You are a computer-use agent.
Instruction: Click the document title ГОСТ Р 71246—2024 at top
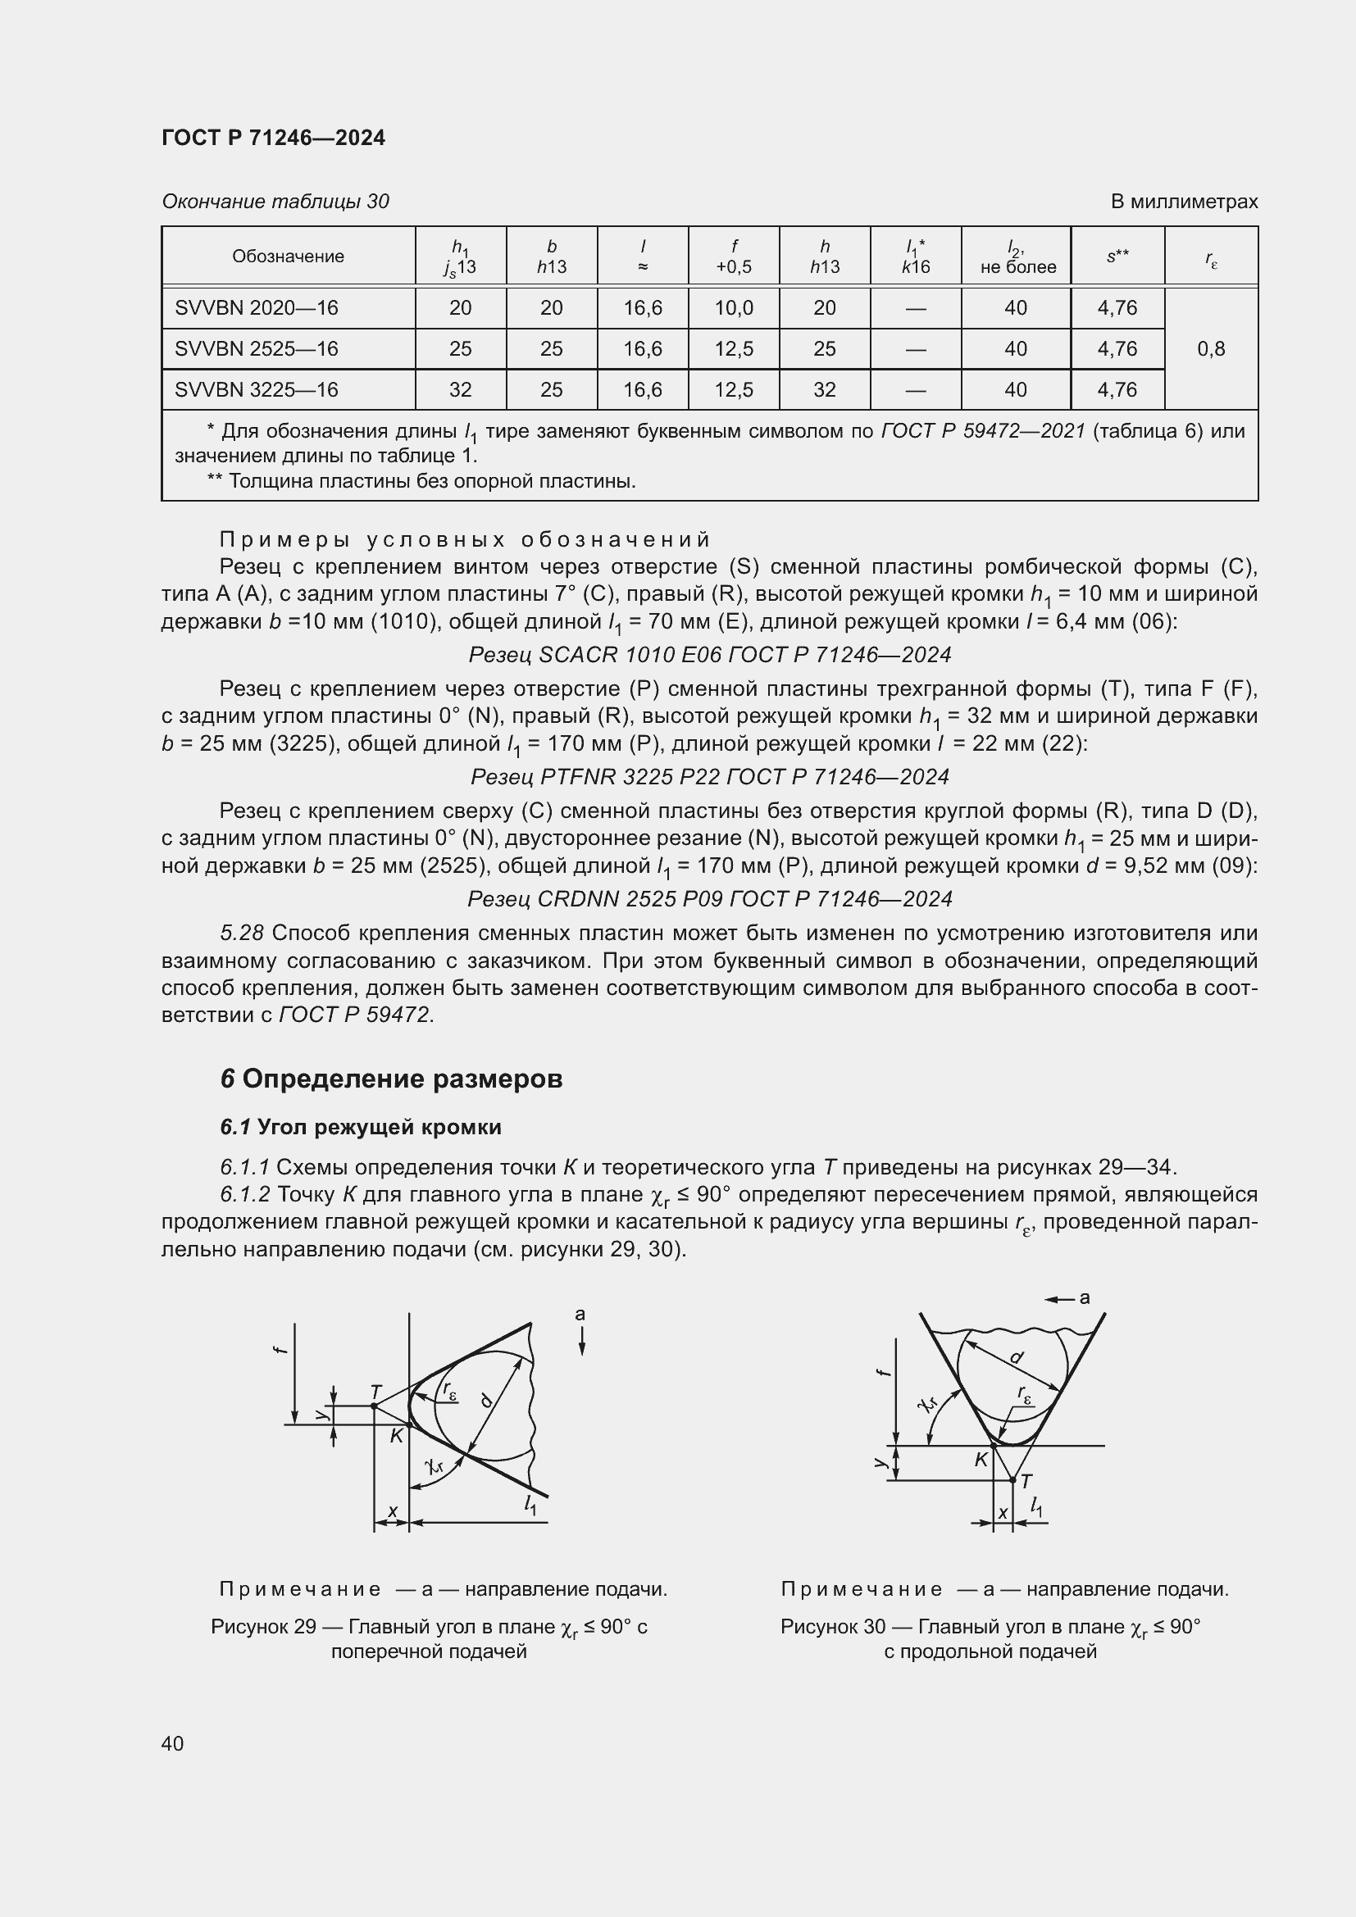point(273,138)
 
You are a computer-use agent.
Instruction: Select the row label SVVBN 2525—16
point(257,349)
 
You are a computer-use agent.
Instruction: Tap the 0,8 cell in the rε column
point(1211,349)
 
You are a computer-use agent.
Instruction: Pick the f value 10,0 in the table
point(733,308)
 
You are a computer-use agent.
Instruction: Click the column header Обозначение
point(288,257)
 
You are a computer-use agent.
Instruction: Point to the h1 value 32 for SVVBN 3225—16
point(460,390)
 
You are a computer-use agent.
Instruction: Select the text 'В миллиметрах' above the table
point(1183,202)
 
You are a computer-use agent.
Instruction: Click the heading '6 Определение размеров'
point(392,1079)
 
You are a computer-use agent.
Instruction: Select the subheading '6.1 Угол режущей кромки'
point(361,1127)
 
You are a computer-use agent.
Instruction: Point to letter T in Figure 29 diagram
point(376,1392)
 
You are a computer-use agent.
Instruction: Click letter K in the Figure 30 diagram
point(981,1460)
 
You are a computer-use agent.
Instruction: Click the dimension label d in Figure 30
point(1016,1357)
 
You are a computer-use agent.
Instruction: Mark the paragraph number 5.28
point(241,934)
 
